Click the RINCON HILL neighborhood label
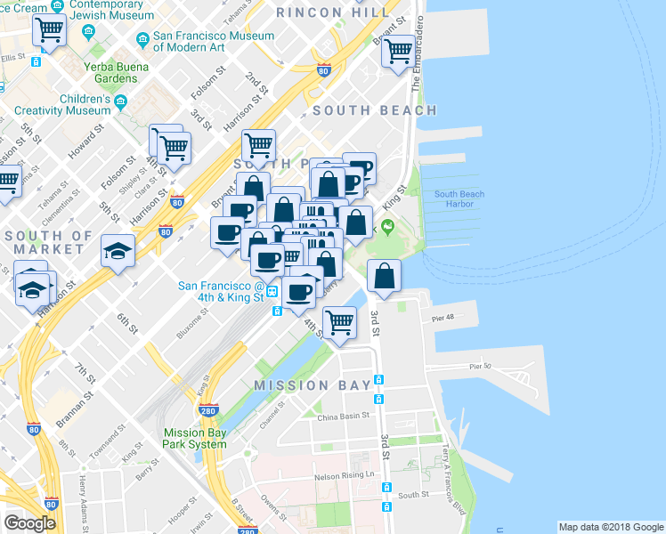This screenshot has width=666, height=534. point(333,12)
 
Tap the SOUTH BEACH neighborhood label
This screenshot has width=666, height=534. point(375,110)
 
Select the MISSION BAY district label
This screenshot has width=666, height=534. point(312,385)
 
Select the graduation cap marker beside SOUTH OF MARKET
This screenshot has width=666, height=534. point(117,251)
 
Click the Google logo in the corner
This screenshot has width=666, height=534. point(30,522)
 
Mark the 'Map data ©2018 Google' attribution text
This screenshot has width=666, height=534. point(610,527)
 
